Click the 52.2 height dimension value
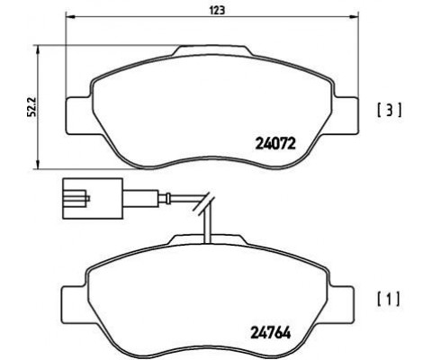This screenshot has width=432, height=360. pos(31,107)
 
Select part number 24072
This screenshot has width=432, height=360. pos(275,144)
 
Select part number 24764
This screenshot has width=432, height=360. pos(270,333)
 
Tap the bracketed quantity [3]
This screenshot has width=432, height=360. pos(389,111)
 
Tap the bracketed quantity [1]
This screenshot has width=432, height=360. pos(389,300)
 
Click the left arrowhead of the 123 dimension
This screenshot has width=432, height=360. pos(69,17)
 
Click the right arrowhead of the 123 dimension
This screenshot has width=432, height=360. pos(355,17)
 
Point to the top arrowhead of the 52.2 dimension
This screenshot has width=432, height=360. pos(38,49)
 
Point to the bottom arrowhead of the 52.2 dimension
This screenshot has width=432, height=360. pos(38,165)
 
